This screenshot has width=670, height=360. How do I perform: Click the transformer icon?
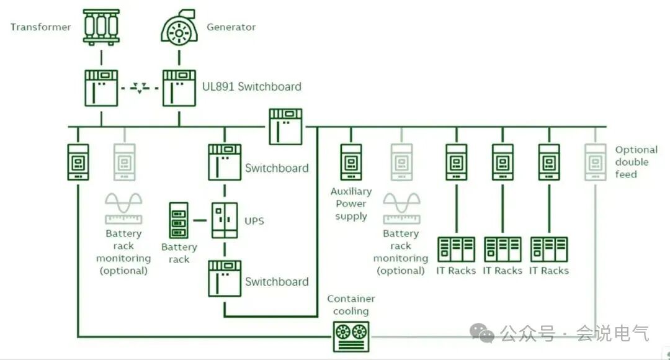pos(101,26)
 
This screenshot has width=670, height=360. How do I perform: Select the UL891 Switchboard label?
pos(252,86)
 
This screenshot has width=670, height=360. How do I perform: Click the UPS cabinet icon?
pos(224,220)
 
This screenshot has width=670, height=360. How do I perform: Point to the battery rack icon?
pos(179,220)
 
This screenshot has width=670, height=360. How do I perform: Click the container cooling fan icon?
pos(351,332)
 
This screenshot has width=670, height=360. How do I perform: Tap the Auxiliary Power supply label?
pos(351,204)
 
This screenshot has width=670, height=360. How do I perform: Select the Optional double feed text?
pos(635,162)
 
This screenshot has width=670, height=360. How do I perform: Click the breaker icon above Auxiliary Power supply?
pos(351,162)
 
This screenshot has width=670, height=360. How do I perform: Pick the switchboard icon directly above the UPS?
pos(224,163)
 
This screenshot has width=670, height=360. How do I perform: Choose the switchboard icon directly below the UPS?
pos(224,278)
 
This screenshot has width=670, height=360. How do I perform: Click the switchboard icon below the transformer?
pos(101,88)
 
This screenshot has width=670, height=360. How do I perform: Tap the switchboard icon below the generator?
pos(179,88)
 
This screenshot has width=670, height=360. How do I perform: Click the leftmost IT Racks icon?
pos(456,250)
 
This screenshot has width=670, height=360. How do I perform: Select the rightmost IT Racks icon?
pos(549,250)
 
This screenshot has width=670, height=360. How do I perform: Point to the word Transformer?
pos(41,27)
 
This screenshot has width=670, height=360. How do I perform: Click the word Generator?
pos(231,27)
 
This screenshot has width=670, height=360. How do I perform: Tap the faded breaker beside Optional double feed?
pos(595,162)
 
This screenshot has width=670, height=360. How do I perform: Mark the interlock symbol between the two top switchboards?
pos(140,89)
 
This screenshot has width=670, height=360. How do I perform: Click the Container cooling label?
pos(351,305)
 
